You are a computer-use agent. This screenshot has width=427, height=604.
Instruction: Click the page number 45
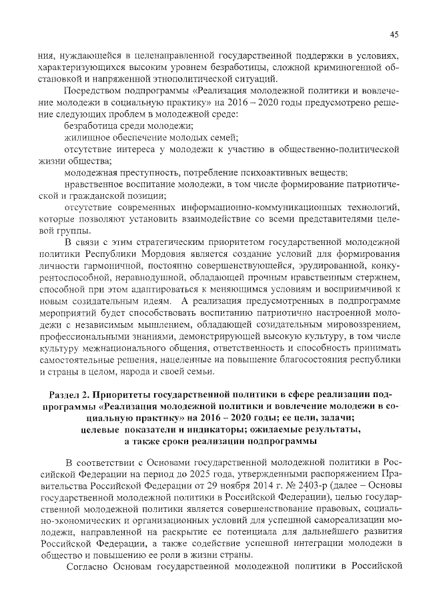pos(394,35)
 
